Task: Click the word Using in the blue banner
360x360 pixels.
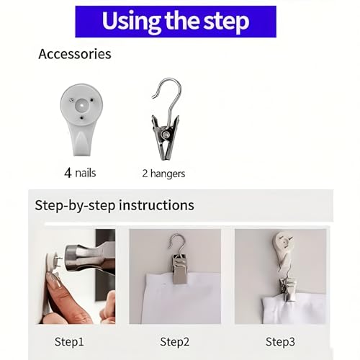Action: coord(131,21)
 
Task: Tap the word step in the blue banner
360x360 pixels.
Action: coord(226,22)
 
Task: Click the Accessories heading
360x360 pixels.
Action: coord(75,54)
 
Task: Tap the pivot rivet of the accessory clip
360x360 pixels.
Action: coord(166,135)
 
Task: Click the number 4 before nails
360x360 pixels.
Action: coord(68,173)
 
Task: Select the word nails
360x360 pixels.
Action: coord(86,173)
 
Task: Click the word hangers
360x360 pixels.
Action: coord(168,174)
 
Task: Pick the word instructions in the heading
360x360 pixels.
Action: coord(157,205)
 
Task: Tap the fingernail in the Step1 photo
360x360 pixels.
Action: coord(55,281)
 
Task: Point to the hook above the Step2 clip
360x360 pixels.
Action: coord(178,243)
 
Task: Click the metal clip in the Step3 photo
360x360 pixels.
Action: coord(289,290)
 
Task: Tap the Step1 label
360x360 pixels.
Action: coord(69,342)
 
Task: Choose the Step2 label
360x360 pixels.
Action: coord(174,342)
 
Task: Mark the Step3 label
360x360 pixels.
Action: coord(280,342)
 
